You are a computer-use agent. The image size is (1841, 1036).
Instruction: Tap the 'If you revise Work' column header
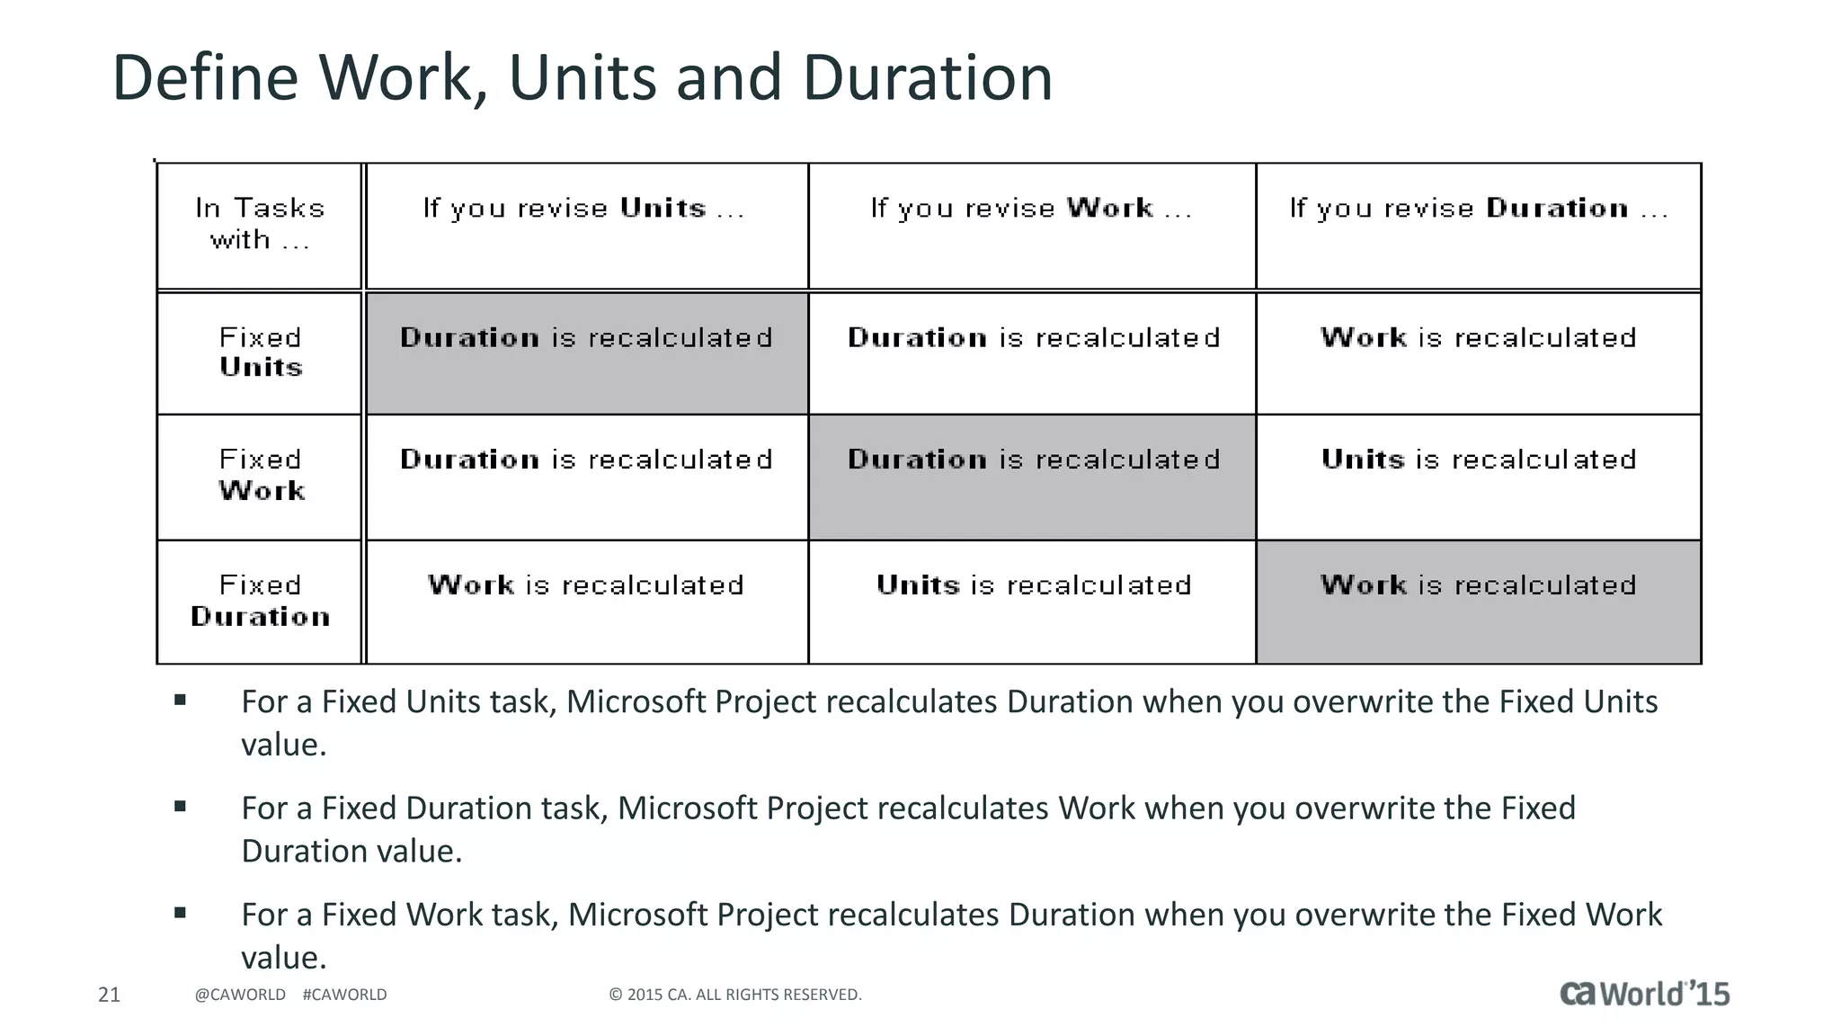point(1032,210)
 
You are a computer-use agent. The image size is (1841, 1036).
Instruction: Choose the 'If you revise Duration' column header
point(1479,210)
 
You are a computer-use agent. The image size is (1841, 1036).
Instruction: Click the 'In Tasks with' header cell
point(260,225)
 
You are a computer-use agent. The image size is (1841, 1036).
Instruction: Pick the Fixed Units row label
point(261,353)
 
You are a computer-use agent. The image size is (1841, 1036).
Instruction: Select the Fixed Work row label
point(261,476)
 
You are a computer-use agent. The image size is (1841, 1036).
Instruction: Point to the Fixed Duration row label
point(261,601)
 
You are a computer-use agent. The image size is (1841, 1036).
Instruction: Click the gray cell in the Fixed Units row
point(586,353)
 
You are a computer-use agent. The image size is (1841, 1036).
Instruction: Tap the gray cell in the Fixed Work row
point(1033,476)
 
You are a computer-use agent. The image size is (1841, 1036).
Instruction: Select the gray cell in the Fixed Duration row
point(1479,601)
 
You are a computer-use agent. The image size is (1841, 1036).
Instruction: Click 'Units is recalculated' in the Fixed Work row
point(1479,460)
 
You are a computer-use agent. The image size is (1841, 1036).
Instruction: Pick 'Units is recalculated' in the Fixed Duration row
point(1034,585)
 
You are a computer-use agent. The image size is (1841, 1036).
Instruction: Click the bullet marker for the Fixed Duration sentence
point(181,807)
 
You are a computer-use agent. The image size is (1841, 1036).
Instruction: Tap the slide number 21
point(109,995)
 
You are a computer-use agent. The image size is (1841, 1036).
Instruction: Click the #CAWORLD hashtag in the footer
point(345,995)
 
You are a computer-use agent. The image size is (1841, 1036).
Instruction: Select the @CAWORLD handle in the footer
point(240,995)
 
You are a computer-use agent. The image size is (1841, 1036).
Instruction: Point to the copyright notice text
point(735,995)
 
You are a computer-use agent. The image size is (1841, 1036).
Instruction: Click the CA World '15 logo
point(1644,994)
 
